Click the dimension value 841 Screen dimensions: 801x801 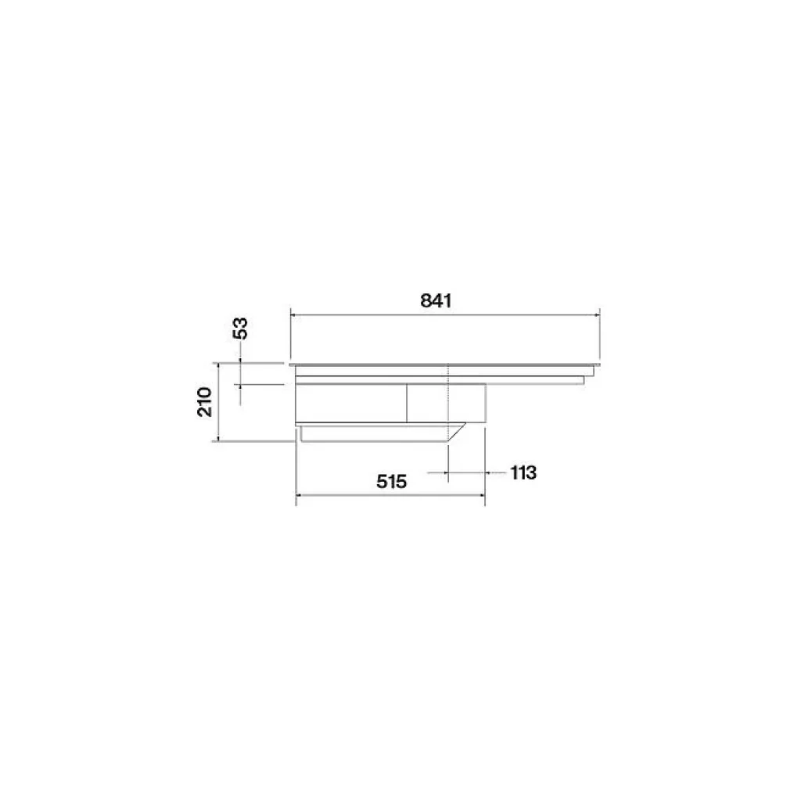(436, 300)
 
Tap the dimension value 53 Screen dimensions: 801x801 (240, 328)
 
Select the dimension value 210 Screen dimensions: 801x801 (205, 402)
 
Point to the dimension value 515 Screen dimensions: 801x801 (391, 481)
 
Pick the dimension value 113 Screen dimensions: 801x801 (523, 472)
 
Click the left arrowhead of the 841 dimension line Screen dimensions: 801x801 (294, 315)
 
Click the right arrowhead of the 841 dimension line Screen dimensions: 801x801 (596, 315)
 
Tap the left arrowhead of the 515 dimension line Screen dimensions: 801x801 (300, 494)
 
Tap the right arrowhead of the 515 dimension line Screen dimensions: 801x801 (481, 494)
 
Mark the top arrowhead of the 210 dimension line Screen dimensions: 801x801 (218, 366)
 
